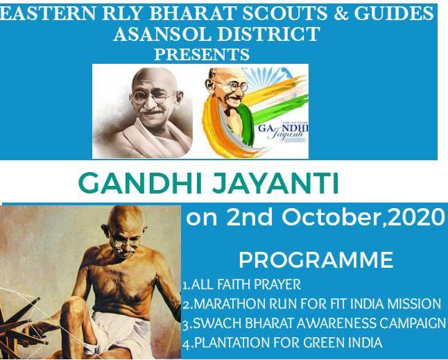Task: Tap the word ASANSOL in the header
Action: (x=157, y=33)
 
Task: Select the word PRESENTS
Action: (x=201, y=53)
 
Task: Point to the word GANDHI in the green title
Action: (x=130, y=185)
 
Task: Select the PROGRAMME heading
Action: (x=316, y=261)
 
